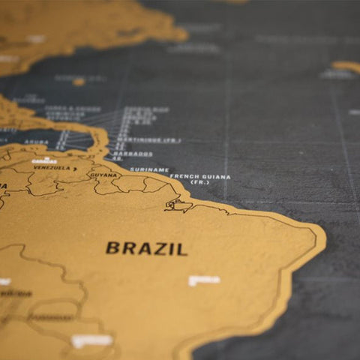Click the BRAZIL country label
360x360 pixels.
pyautogui.click(x=146, y=248)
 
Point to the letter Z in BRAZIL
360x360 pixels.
pyautogui.click(x=154, y=248)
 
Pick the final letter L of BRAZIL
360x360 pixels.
pyautogui.click(x=182, y=249)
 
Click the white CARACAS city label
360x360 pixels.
pyautogui.click(x=44, y=160)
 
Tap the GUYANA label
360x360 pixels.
pyautogui.click(x=103, y=174)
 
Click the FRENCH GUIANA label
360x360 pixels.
pyautogui.click(x=199, y=177)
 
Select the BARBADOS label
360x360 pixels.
pyautogui.click(x=133, y=154)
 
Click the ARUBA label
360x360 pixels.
pyautogui.click(x=36, y=142)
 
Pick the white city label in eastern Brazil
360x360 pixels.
pyautogui.click(x=204, y=280)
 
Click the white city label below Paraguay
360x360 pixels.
pyautogui.click(x=91, y=341)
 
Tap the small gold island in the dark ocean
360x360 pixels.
pyautogui.click(x=79, y=81)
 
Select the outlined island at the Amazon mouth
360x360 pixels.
pyautogui.click(x=178, y=205)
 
